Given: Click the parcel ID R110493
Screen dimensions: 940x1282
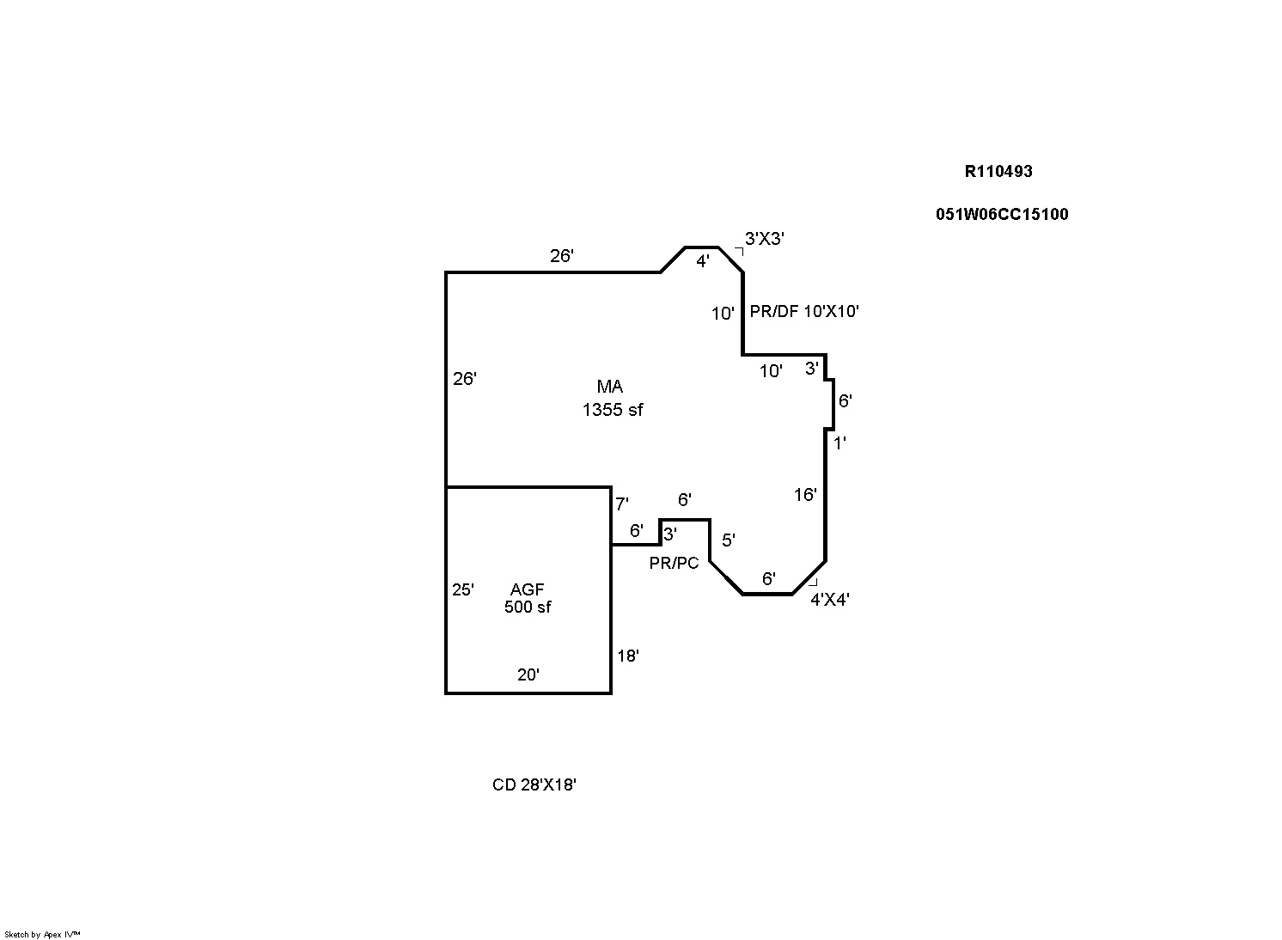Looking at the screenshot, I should point(998,171).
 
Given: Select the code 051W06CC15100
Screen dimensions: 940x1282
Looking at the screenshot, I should point(1002,214).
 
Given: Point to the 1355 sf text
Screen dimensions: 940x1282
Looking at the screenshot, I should point(612,410).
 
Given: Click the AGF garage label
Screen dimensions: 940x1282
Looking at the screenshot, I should point(527,589).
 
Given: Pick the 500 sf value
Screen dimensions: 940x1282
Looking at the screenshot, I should point(528,607).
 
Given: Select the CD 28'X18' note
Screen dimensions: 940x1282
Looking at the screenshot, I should point(534,784).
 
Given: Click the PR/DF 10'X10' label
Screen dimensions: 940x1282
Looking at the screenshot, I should point(804,311).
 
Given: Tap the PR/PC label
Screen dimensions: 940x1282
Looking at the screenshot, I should point(674,564).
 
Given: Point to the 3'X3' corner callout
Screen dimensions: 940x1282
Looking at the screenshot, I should point(764,239).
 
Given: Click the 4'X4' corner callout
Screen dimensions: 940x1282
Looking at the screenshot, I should point(829,600).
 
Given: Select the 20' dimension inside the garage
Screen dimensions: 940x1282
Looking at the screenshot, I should point(528,674).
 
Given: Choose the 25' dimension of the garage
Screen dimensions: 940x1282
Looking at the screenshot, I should point(462,589).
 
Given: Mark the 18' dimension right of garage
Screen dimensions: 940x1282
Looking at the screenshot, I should point(627,656).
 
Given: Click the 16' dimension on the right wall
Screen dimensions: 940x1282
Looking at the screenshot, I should point(804,494).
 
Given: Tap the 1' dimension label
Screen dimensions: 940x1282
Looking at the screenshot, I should point(839,443).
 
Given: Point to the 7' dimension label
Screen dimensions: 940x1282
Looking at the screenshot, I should point(621,504).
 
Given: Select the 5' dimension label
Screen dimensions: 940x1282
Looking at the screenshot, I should point(728,540).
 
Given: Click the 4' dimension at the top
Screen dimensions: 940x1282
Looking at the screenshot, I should point(702,261).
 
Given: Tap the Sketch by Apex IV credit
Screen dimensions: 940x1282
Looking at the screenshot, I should point(42,934).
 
